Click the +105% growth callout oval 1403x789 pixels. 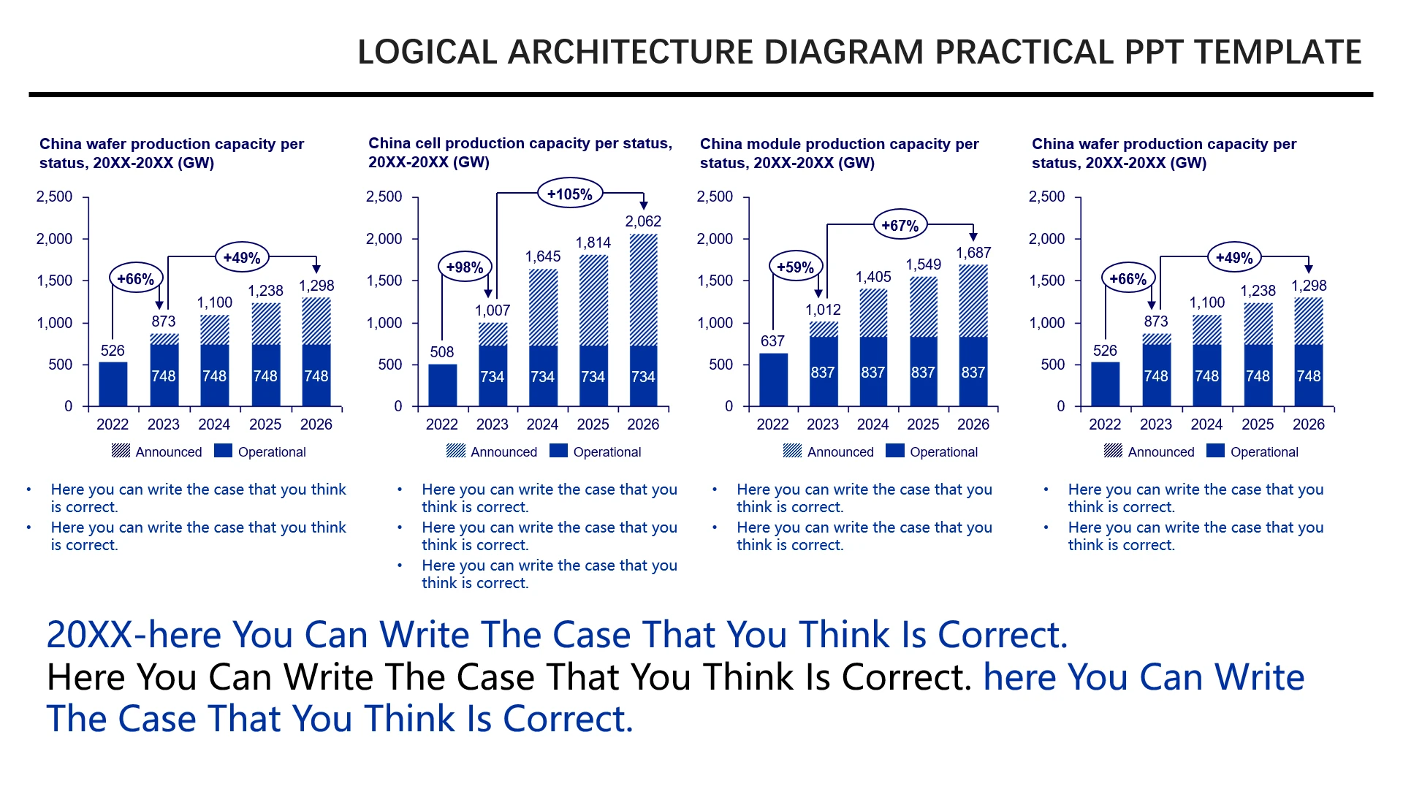[570, 194]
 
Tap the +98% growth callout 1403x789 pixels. [465, 267]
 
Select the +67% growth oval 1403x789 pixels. [900, 226]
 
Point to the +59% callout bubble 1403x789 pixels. [796, 267]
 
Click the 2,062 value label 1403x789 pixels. [643, 221]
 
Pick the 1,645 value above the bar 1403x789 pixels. [543, 256]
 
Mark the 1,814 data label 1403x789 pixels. [593, 243]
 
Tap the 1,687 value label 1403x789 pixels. [973, 253]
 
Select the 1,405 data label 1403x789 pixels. [873, 277]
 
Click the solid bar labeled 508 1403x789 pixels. [442, 385]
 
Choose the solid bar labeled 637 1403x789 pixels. [773, 379]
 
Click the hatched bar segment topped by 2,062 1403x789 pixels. [643, 289]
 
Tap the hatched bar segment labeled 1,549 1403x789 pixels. [923, 306]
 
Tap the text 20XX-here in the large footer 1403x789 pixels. [138, 634]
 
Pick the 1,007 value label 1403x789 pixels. [493, 310]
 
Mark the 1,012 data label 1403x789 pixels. [823, 310]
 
